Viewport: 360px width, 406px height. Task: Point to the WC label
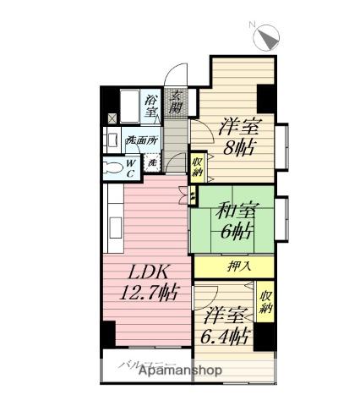tap(133, 166)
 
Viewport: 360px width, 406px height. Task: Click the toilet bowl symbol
tap(113, 166)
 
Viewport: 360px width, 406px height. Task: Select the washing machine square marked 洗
tap(152, 162)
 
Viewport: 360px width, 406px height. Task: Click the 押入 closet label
tap(239, 266)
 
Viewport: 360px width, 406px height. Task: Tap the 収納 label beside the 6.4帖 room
tap(265, 301)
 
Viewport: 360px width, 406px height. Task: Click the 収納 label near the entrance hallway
tap(196, 166)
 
